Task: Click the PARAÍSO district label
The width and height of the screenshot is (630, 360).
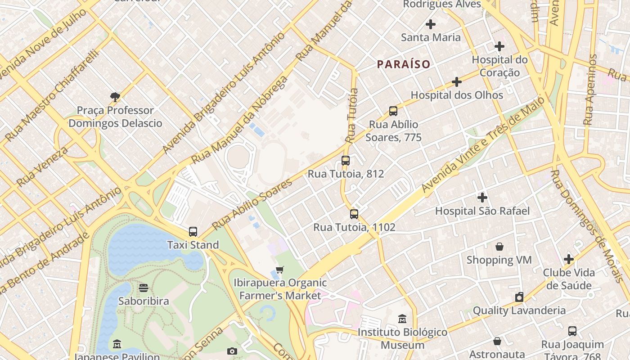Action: pyautogui.click(x=404, y=64)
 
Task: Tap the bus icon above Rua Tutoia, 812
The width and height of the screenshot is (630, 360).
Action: pyautogui.click(x=346, y=161)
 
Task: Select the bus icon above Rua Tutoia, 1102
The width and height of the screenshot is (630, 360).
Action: pyautogui.click(x=354, y=214)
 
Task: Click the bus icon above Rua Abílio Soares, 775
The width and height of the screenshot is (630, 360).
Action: pyautogui.click(x=393, y=111)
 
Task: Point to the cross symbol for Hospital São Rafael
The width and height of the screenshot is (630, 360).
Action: pyautogui.click(x=482, y=198)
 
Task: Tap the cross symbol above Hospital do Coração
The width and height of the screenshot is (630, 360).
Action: pyautogui.click(x=499, y=46)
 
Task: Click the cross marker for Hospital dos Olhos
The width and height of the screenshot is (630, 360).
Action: pyautogui.click(x=457, y=82)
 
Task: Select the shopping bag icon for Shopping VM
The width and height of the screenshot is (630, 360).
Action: pyautogui.click(x=499, y=247)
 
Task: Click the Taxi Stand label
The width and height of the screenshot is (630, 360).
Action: pyautogui.click(x=193, y=245)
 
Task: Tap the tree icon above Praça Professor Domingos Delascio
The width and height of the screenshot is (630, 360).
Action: pyautogui.click(x=115, y=97)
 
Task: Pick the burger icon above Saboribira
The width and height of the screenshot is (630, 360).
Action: pyautogui.click(x=144, y=288)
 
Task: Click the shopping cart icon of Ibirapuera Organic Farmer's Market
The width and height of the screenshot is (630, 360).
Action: pyautogui.click(x=280, y=270)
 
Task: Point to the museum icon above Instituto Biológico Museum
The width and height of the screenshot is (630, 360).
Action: pyautogui.click(x=403, y=319)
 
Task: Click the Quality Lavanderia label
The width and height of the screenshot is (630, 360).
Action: pyautogui.click(x=519, y=310)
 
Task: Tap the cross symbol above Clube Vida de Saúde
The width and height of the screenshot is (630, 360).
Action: pyautogui.click(x=569, y=259)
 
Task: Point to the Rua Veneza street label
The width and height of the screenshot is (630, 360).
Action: pyautogui.click(x=42, y=166)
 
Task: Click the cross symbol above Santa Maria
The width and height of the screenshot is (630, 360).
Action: pyautogui.click(x=431, y=24)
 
